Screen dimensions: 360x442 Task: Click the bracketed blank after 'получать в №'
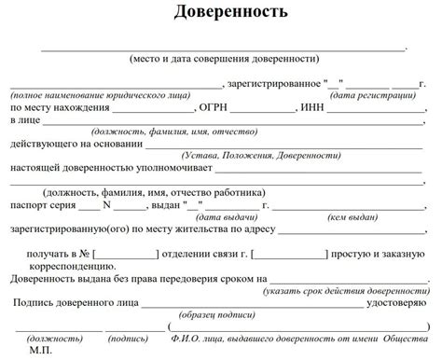pyautogui.click(x=127, y=253)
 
